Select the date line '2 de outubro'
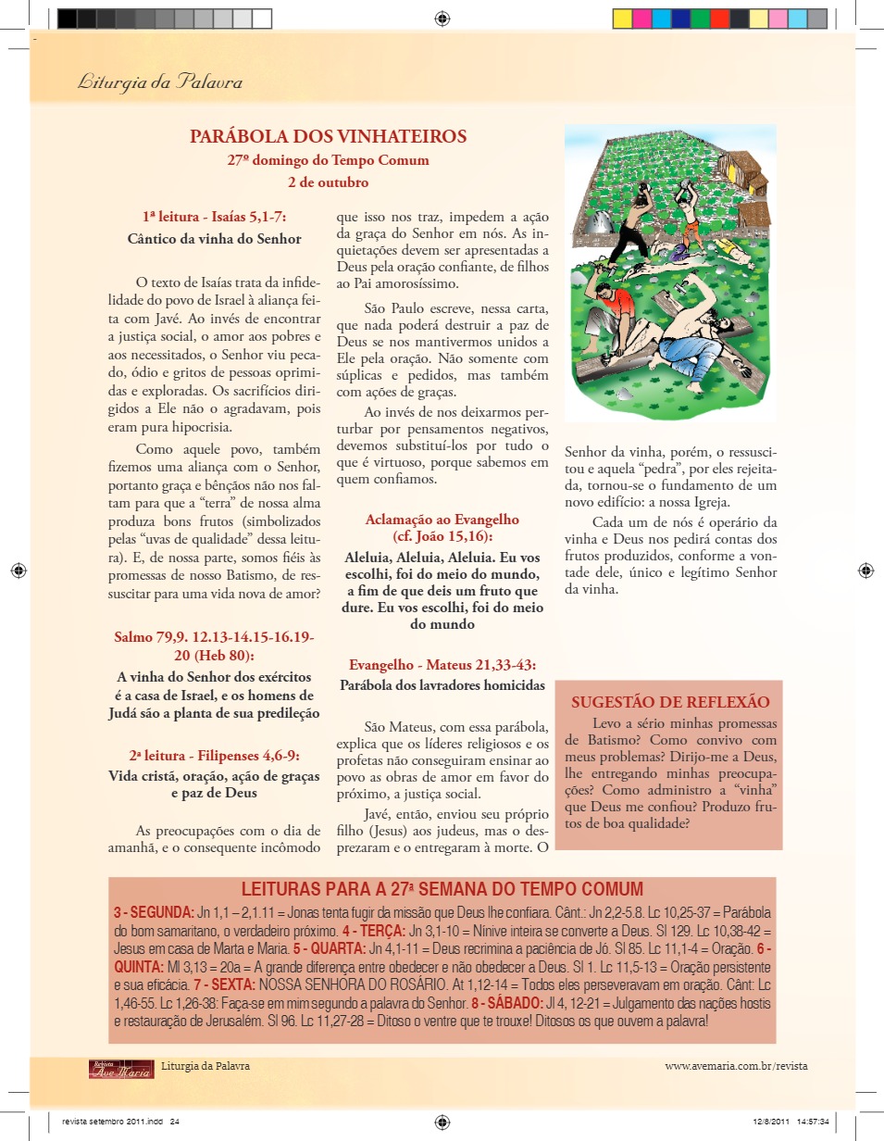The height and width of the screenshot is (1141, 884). tap(328, 182)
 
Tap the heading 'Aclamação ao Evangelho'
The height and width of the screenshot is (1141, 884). tap(442, 520)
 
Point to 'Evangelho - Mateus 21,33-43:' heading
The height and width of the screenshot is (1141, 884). tap(442, 665)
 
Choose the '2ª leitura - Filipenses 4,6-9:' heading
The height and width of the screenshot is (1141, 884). tap(214, 755)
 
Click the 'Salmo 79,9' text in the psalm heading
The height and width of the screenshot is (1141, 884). tap(150, 637)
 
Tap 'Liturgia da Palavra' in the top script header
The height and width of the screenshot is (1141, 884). tap(160, 82)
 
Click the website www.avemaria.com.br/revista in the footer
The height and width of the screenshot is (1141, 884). tap(736, 1066)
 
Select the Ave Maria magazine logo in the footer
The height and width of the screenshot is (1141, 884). tap(121, 1069)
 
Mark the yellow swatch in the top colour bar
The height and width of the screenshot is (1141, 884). tap(622, 18)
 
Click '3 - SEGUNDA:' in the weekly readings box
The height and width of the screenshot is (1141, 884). tap(154, 912)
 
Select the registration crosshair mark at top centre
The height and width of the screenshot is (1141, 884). tap(442, 18)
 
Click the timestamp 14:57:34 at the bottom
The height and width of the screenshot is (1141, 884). tap(811, 1121)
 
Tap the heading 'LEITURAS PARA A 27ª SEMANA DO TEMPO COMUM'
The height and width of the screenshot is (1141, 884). tap(442, 889)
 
